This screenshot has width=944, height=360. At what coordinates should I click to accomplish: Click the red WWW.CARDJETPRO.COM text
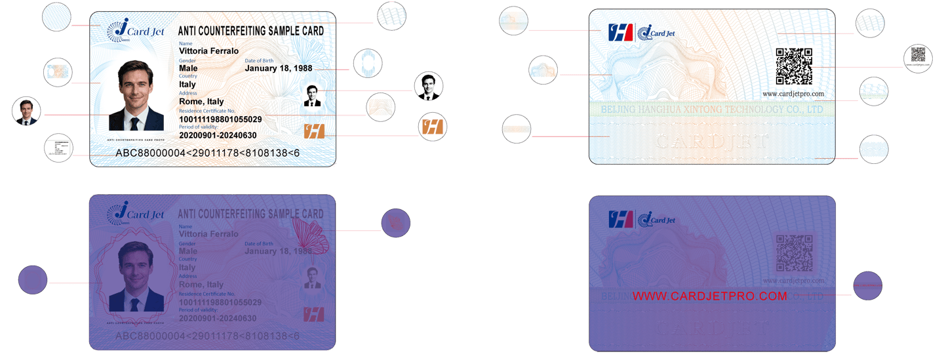709,296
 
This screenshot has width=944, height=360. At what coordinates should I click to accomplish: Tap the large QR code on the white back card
794,66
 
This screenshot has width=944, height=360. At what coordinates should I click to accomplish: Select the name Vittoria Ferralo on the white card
208,51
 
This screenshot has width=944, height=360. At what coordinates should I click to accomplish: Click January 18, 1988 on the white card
278,68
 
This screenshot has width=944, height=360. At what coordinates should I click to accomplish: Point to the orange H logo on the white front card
314,130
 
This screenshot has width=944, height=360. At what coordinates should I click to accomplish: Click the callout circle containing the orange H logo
433,127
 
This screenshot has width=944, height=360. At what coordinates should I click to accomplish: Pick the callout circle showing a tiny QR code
917,58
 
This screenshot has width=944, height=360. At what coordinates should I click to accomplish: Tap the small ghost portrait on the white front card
313,95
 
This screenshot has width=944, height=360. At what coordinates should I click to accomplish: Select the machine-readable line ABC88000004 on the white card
207,153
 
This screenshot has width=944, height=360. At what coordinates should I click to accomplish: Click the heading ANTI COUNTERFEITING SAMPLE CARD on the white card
251,31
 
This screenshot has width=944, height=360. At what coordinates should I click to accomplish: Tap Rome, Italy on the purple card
201,285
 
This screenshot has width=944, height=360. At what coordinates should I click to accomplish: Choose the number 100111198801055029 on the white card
220,119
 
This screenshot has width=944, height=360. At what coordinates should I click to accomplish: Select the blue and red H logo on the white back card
619,32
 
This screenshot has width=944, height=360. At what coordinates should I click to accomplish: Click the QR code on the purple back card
794,252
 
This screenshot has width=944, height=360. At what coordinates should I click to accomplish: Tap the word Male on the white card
188,68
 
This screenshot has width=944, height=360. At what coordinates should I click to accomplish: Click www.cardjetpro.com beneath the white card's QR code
793,94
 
